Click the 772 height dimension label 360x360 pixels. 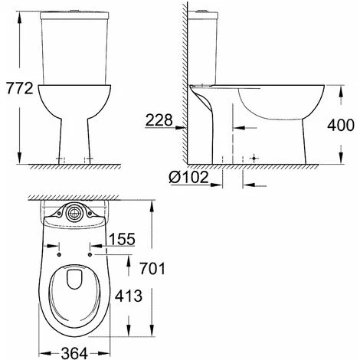pyautogui.click(x=20, y=88)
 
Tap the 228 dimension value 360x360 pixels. pyautogui.click(x=159, y=119)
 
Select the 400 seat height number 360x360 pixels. pyautogui.click(x=341, y=125)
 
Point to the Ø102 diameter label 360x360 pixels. pyautogui.click(x=189, y=177)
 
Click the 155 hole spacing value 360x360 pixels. pyautogui.click(x=122, y=239)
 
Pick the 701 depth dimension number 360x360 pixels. pyautogui.click(x=152, y=269)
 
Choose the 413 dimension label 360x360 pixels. pyautogui.click(x=129, y=296)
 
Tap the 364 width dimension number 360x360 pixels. pyautogui.click(x=74, y=354)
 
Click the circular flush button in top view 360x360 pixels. pyautogui.click(x=74, y=214)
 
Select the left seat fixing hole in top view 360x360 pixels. pyautogui.click(x=59, y=254)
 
